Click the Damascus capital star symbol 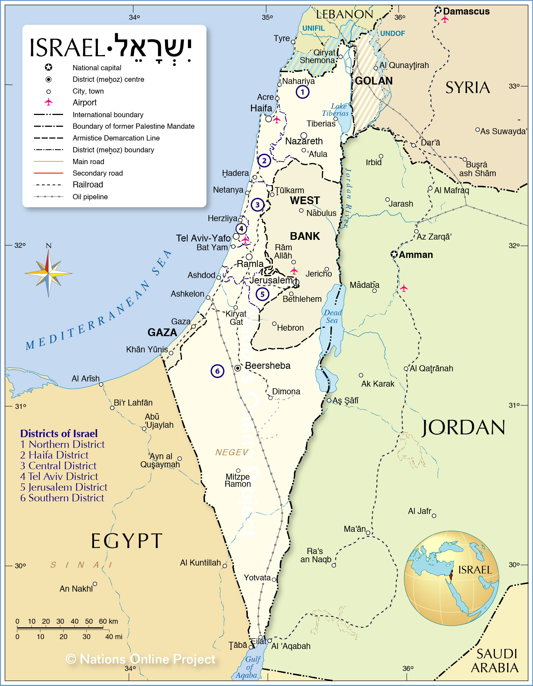[x=438, y=10]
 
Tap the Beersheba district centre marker [x=238, y=368]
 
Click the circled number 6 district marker [x=217, y=371]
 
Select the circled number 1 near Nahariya [x=302, y=92]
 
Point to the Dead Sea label [x=332, y=317]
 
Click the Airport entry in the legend [x=84, y=102]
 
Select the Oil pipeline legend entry [x=90, y=197]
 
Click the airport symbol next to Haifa [x=277, y=120]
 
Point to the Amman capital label [x=416, y=255]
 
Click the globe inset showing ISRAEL [x=451, y=578]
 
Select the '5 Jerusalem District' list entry [x=64, y=487]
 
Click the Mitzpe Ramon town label [x=238, y=480]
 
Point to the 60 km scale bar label [x=108, y=621]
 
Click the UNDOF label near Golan [x=392, y=33]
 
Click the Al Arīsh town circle [x=101, y=384]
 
